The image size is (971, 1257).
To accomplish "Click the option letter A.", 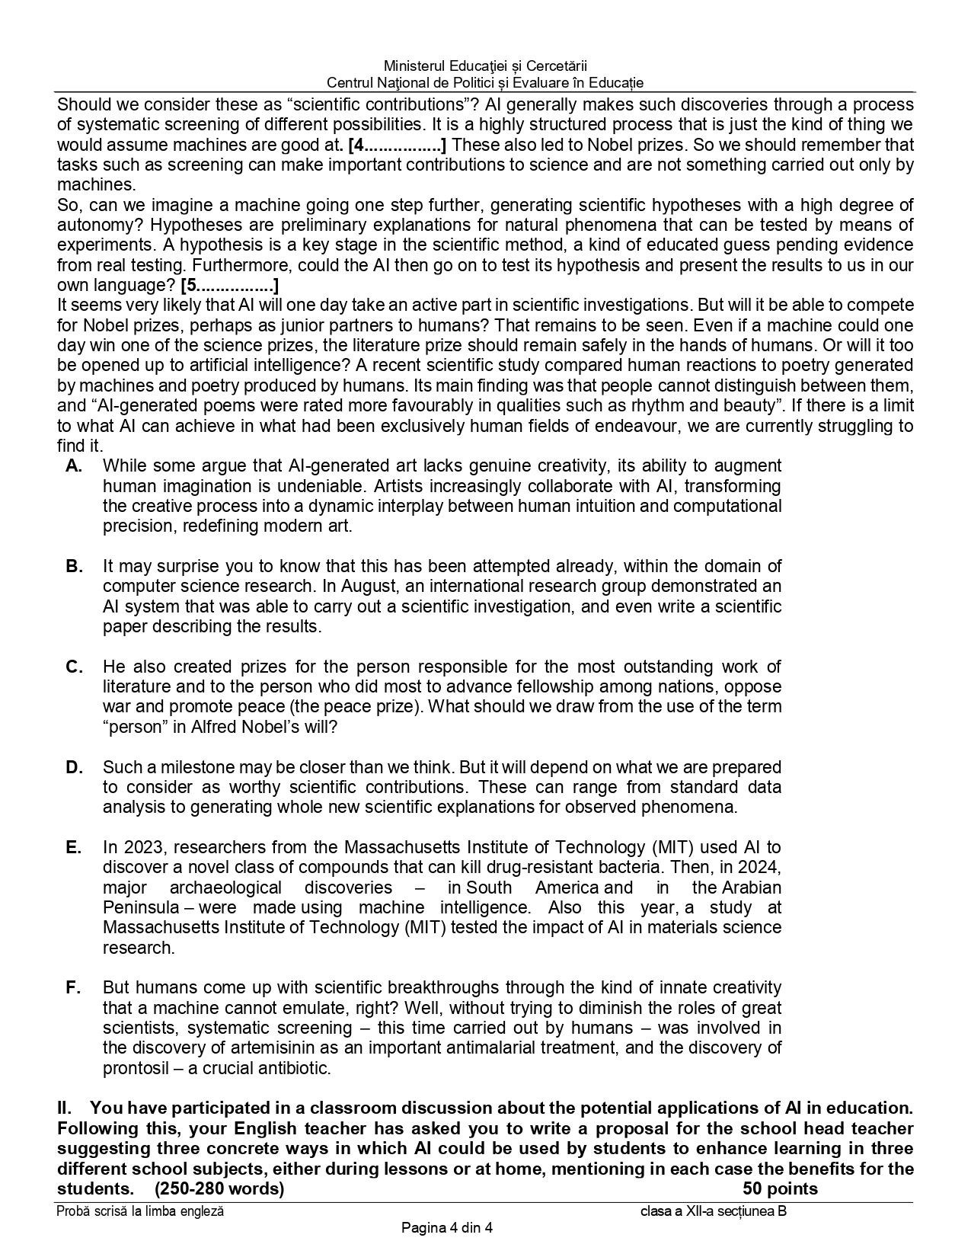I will pos(74,466).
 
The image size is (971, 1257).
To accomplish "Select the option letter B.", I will pos(74,567).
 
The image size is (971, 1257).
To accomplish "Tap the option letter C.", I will pos(74,667).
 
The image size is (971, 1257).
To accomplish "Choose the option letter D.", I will pos(74,768).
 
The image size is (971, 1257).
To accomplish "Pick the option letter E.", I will pos(74,848).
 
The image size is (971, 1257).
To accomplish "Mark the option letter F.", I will pos(74,988).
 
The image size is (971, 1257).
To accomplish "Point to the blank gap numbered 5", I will pos(230,286).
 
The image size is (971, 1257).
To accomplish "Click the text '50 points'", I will pos(780,1189).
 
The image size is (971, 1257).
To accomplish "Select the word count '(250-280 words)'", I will pos(219,1189).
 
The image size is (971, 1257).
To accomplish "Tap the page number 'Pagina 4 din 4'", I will pos(448,1227).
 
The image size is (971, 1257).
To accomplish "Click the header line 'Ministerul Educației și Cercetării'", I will pos(485,67).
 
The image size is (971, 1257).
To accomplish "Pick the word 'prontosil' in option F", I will pos(136,1068).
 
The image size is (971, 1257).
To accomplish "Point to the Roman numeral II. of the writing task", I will pos(66,1108).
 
